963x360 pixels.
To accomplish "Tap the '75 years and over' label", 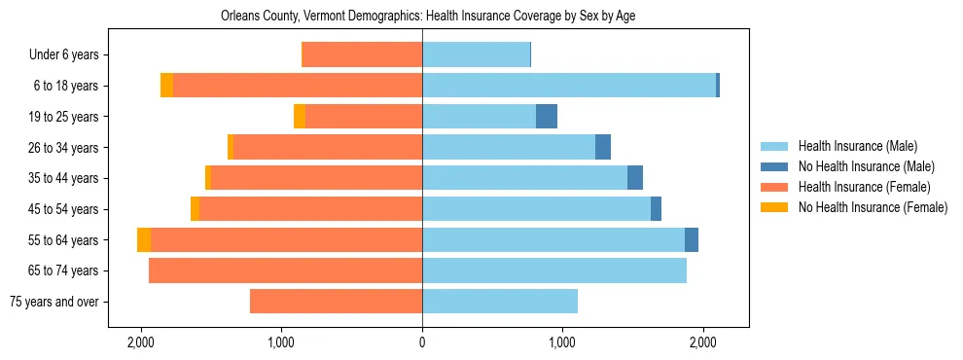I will click(53, 302).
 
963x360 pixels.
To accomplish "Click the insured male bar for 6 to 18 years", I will click(569, 86).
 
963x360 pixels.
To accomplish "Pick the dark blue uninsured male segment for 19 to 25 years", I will click(547, 117).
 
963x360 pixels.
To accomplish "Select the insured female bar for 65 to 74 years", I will click(285, 270).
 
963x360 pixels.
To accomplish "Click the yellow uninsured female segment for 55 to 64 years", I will click(144, 240).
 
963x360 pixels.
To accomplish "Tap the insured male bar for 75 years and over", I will click(500, 302).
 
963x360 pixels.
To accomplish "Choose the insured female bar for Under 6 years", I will click(362, 55).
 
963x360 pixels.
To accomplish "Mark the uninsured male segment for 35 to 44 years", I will click(635, 178).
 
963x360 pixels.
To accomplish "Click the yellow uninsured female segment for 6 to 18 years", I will click(166, 86).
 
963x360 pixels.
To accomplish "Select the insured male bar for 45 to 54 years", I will click(536, 209).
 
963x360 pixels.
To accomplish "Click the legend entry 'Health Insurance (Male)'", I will click(857, 146).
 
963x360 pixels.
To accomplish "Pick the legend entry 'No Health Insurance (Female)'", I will click(872, 207).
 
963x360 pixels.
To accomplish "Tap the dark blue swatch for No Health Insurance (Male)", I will click(774, 166).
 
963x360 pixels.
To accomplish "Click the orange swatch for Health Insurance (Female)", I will click(774, 187).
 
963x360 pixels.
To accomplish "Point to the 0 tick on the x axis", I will click(422, 342).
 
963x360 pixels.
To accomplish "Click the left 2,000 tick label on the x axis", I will click(141, 342).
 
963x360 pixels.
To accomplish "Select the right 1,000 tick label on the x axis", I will click(562, 342).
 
